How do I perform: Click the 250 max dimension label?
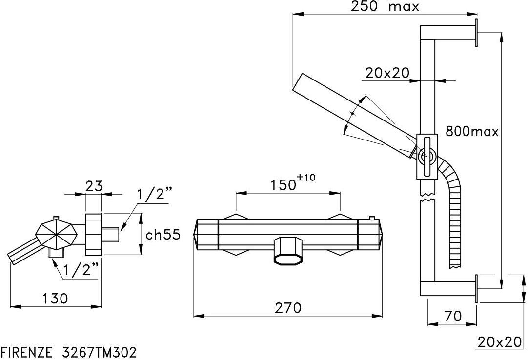385,6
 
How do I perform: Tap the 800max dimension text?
472,131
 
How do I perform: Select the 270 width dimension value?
288,307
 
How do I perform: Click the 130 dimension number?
55,298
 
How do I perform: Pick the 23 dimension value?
94,186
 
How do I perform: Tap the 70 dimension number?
452,316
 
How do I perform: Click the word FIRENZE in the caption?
27,353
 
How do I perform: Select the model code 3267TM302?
100,353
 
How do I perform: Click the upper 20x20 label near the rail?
387,72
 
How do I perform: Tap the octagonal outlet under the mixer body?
288,251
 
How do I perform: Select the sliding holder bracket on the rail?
427,156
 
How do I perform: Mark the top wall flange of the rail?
477,33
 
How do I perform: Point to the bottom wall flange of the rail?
477,289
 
